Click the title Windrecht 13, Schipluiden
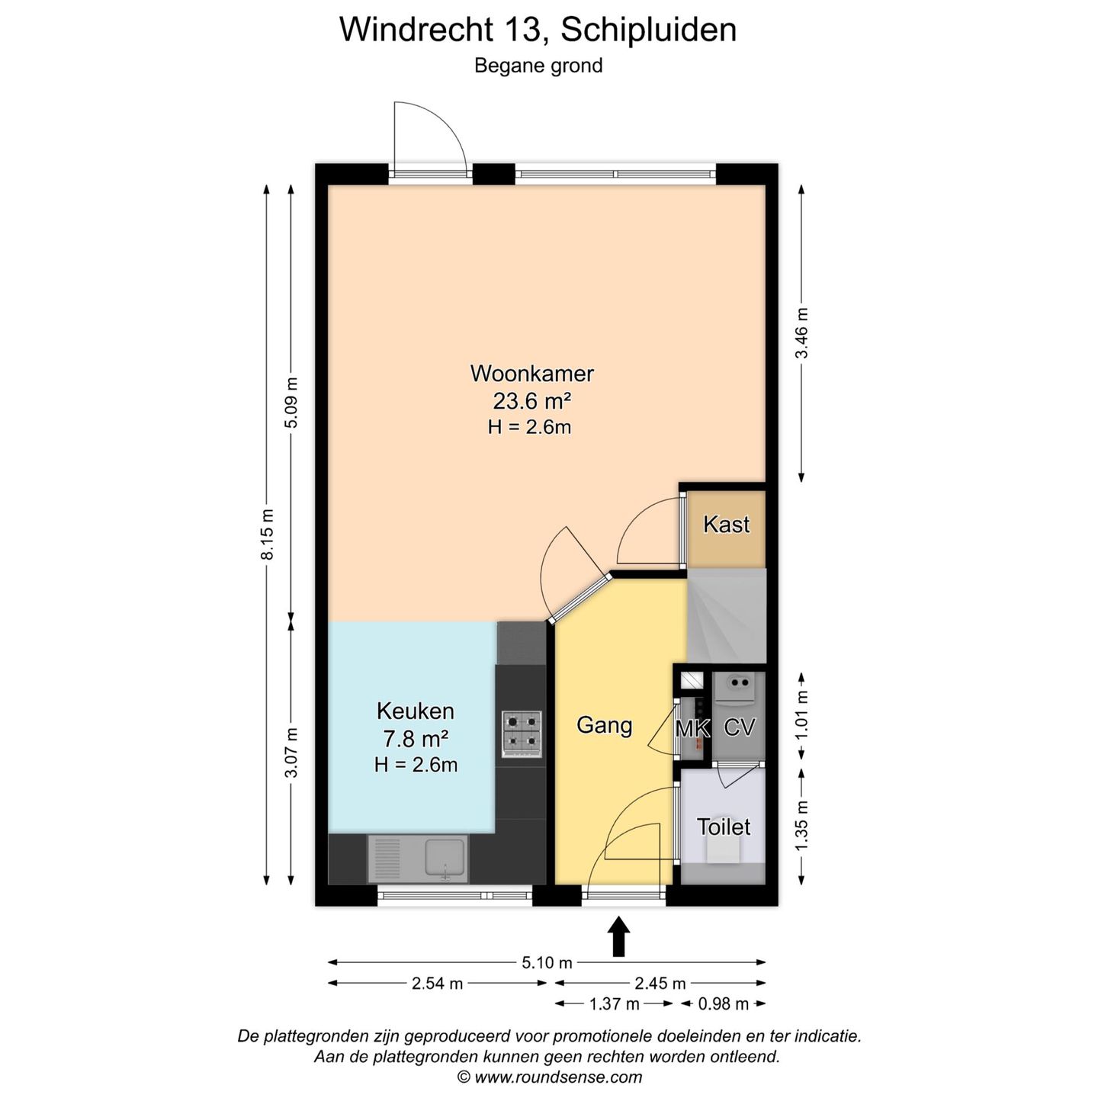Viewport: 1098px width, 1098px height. click(538, 30)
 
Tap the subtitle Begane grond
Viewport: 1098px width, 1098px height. click(538, 66)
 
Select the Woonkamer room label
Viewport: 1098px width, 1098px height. click(531, 374)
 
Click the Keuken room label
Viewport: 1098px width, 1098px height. click(416, 711)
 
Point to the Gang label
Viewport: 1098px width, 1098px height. click(605, 724)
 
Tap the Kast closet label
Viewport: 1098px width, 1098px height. click(726, 525)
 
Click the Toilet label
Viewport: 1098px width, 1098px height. click(724, 827)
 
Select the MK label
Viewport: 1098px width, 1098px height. click(692, 729)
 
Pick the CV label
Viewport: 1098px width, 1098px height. click(739, 728)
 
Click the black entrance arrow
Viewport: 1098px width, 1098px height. click(618, 936)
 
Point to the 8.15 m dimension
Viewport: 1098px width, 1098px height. click(268, 534)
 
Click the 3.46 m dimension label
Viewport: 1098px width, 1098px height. click(801, 332)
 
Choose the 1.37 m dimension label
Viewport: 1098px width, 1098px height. click(614, 1004)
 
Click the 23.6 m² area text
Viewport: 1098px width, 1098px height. click(531, 400)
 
